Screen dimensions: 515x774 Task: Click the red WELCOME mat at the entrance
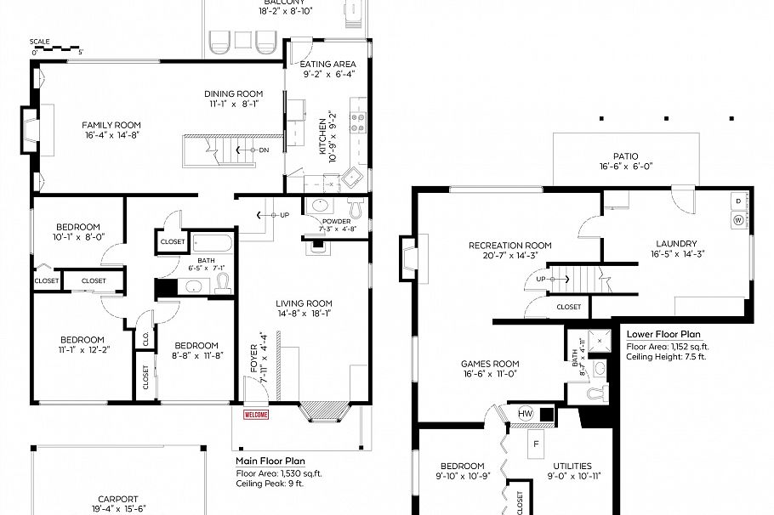pyautogui.click(x=256, y=415)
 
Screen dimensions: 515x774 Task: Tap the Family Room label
pyautogui.click(x=111, y=123)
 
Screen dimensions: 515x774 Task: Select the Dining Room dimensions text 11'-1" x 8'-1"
pyautogui.click(x=232, y=104)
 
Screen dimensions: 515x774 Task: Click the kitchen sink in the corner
pyautogui.click(x=353, y=178)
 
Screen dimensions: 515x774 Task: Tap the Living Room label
pyautogui.click(x=304, y=303)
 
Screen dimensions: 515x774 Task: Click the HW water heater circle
pyautogui.click(x=526, y=414)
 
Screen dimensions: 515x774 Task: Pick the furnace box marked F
pyautogui.click(x=535, y=443)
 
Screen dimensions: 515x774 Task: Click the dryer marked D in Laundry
pyautogui.click(x=737, y=201)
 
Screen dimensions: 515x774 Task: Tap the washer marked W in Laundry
pyautogui.click(x=737, y=220)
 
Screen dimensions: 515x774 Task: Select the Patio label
pyautogui.click(x=626, y=156)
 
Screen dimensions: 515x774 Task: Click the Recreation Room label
pyautogui.click(x=509, y=246)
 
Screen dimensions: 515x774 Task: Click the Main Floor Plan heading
pyautogui.click(x=270, y=461)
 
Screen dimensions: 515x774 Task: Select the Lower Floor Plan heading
pyautogui.click(x=663, y=334)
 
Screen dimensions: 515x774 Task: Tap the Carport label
pyautogui.click(x=117, y=499)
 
